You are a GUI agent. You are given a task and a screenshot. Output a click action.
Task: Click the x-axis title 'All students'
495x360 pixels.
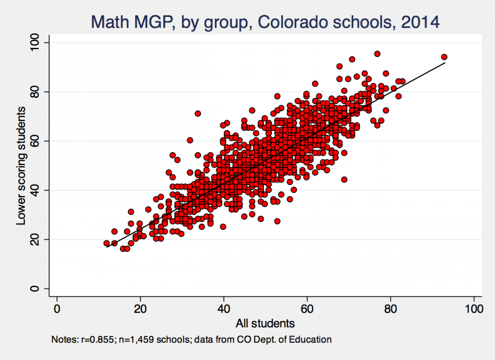265,323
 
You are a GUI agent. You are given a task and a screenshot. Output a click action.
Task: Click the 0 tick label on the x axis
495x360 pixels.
57,308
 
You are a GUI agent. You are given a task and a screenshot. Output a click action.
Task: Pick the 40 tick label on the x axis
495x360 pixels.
224,308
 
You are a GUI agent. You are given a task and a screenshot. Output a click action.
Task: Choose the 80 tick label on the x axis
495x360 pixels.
390,308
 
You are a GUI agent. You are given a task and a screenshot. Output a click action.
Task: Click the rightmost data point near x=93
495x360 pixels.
444,57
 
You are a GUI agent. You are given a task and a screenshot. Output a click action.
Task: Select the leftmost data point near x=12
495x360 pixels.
107,243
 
